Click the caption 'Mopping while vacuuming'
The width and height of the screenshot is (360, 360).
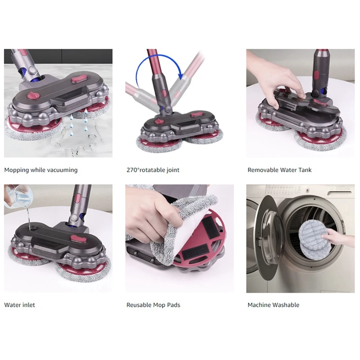pyautogui.click(x=41, y=170)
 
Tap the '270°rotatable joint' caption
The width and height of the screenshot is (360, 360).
pyautogui.click(x=152, y=170)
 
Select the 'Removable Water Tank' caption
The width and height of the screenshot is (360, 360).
pyautogui.click(x=279, y=170)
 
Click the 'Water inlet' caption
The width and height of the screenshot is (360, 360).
pyautogui.click(x=19, y=305)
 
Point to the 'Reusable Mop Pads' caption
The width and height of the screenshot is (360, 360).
pyautogui.click(x=153, y=305)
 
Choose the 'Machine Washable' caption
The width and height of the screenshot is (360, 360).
pyautogui.click(x=273, y=305)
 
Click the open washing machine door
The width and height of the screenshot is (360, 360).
pyautogui.click(x=265, y=238)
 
